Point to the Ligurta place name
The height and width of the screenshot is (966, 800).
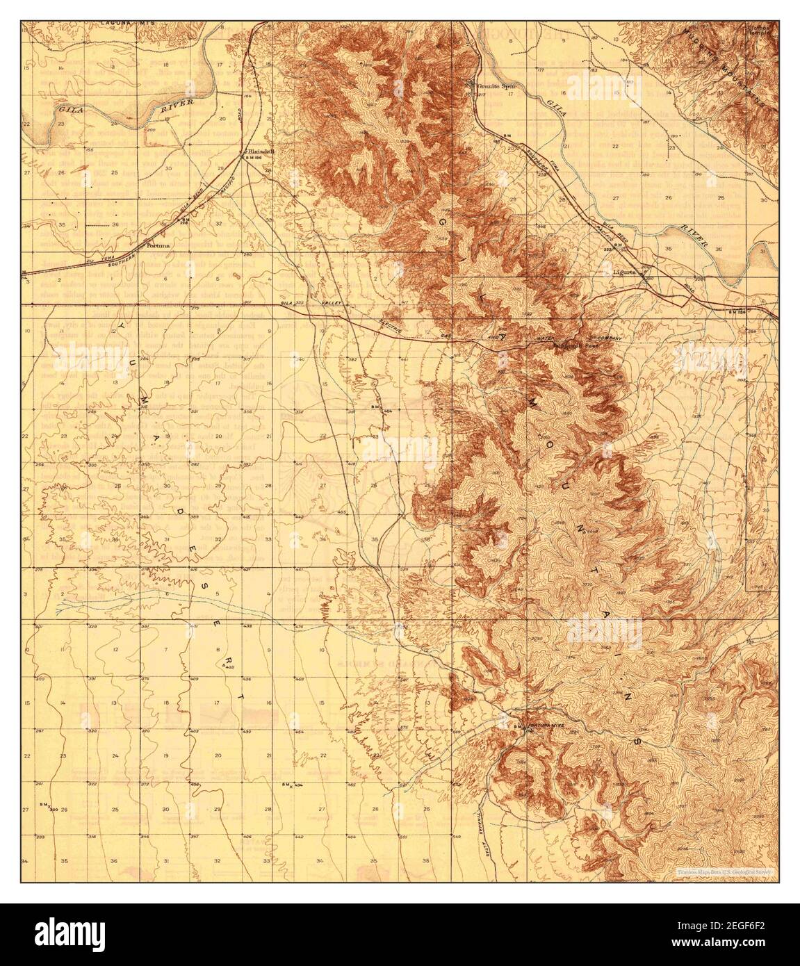[x=625, y=273]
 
